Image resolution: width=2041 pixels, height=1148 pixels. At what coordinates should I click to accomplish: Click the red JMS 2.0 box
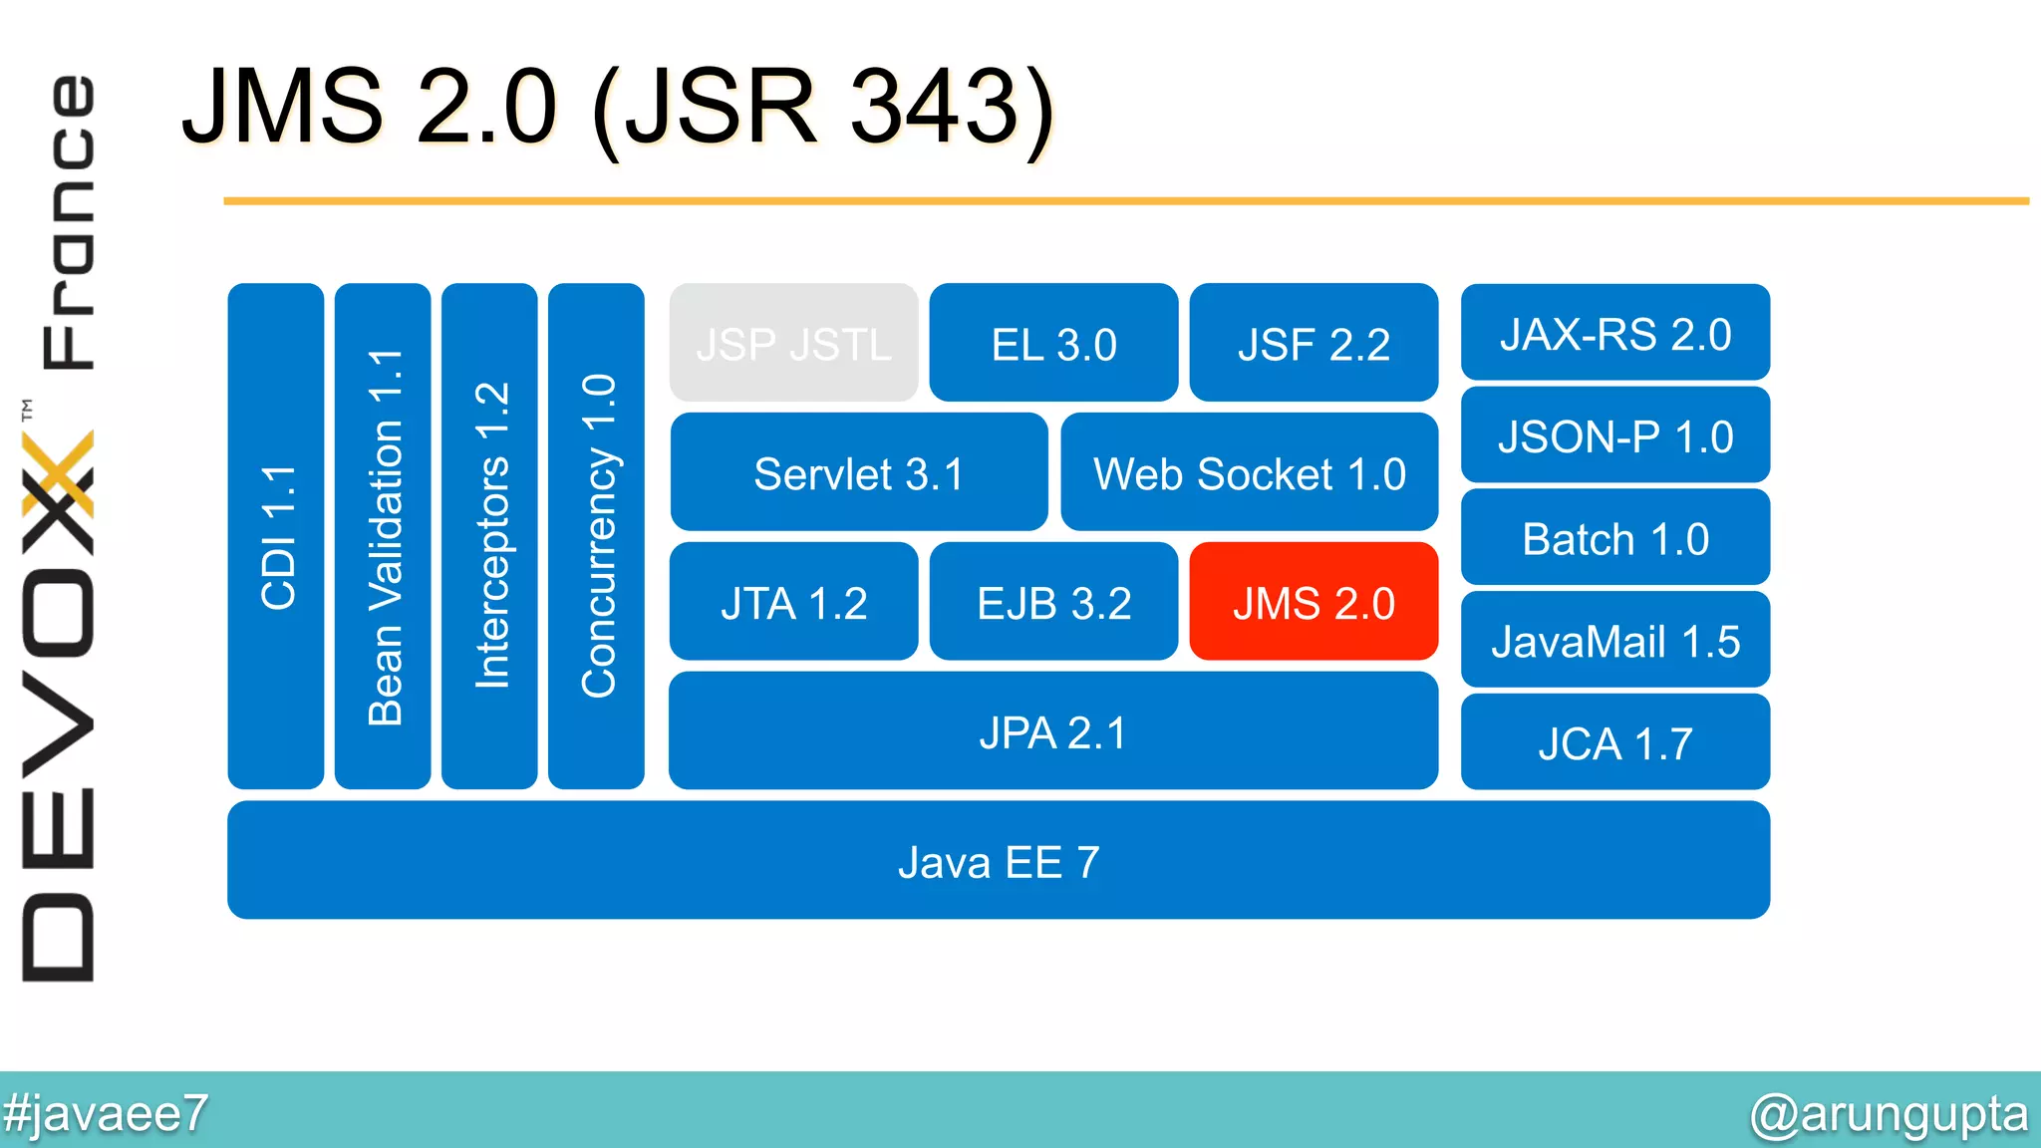(1313, 602)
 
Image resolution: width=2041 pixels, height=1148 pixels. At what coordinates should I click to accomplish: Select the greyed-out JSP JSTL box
(793, 343)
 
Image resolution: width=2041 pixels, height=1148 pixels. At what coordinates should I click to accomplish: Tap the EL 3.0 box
(1053, 343)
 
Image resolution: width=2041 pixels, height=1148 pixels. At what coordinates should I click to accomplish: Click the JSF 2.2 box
(1313, 343)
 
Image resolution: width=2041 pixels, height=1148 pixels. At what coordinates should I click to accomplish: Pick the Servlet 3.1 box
(858, 472)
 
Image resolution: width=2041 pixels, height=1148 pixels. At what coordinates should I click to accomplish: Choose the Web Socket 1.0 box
(1249, 472)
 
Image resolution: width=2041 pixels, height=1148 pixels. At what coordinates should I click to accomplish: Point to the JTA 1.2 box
(793, 602)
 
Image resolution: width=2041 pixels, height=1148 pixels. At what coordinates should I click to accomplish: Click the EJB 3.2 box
(1053, 602)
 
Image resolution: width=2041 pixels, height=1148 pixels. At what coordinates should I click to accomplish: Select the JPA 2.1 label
(1052, 732)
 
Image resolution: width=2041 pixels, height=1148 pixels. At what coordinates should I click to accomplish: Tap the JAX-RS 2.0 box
(1614, 333)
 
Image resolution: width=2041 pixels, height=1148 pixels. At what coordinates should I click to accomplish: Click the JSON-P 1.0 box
(1614, 435)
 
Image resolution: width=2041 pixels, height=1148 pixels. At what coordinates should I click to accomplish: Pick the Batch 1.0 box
(1614, 538)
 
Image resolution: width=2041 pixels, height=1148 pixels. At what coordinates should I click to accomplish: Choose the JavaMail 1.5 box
(1614, 641)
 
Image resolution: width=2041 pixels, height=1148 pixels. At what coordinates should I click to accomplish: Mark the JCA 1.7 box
(1614, 743)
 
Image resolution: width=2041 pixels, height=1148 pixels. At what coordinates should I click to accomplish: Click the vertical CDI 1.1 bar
(276, 536)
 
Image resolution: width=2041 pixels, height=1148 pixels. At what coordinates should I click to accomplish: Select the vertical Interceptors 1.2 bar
(489, 536)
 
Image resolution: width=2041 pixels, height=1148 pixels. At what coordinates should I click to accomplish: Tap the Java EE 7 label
(999, 861)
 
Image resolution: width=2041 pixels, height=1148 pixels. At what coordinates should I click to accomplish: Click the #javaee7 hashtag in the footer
(105, 1112)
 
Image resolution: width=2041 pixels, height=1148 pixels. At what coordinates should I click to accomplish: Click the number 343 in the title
(933, 106)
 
